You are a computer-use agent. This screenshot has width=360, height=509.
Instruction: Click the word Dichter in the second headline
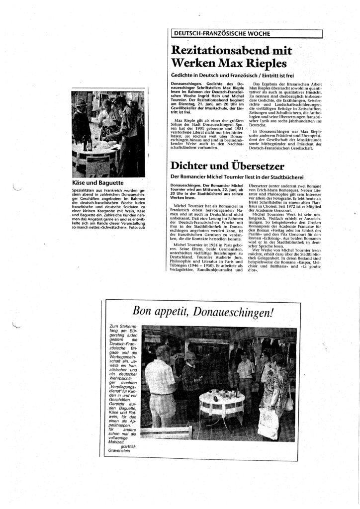coord(193,166)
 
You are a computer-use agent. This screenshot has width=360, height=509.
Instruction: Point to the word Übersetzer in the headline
coord(259,166)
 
